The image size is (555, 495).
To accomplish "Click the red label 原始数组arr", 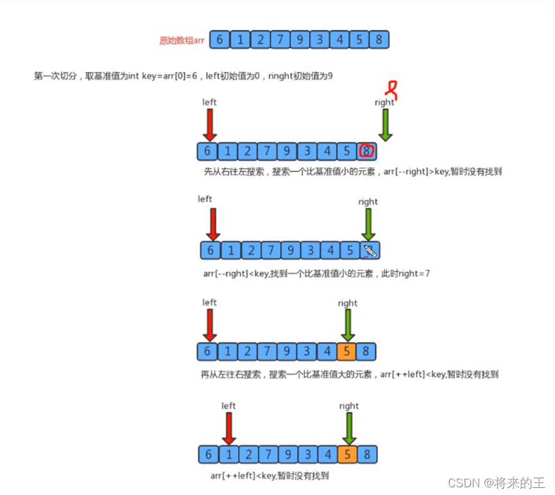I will point(182,40).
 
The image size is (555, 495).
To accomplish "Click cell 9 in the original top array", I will point(300,40).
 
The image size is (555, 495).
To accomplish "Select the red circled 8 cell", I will point(367,152).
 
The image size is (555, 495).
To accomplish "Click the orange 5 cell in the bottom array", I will point(348,455).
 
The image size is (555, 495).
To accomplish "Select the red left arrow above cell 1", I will point(228,428).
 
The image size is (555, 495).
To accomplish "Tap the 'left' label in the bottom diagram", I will point(228,406).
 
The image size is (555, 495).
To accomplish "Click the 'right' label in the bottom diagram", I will point(349,406).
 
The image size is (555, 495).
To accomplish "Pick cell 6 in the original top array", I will point(219,40).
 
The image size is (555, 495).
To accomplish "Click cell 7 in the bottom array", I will point(268,455).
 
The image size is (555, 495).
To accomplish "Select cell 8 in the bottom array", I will point(368,455).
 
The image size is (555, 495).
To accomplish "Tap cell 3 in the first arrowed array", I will point(307,152).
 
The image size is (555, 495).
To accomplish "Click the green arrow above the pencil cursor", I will point(368,225).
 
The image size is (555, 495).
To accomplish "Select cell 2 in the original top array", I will point(260,40).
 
